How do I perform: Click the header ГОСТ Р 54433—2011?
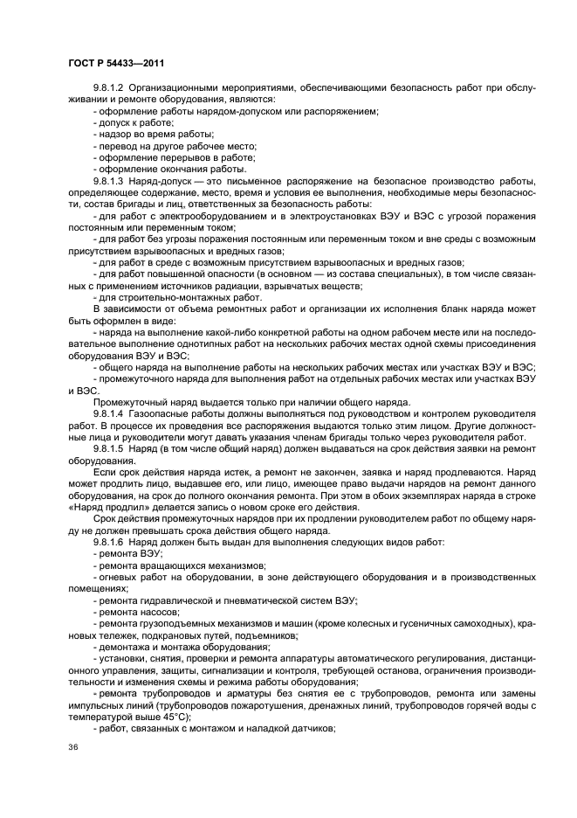(116, 63)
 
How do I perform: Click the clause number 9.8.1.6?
(112, 541)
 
